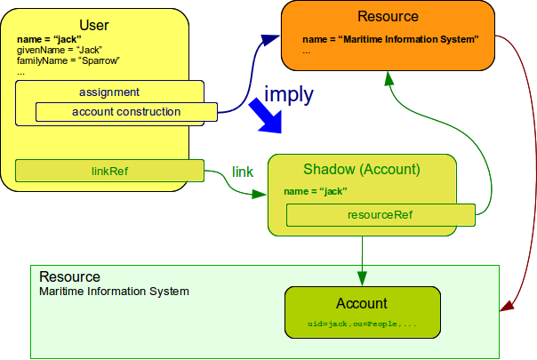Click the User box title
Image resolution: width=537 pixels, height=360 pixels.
(93, 24)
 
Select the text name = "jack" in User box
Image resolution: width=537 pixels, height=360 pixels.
(45, 41)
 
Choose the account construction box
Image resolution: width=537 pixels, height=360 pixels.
(126, 112)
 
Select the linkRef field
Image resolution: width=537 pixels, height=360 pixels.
(110, 170)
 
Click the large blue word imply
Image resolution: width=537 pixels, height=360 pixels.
(289, 92)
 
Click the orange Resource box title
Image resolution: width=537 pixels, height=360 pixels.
(389, 16)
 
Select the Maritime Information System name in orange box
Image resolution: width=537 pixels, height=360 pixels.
(390, 39)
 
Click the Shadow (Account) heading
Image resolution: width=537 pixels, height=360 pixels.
(361, 169)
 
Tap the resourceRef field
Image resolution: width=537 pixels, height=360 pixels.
(380, 214)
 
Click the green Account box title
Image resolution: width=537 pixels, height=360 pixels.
(362, 303)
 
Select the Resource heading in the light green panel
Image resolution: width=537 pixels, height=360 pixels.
(69, 277)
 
